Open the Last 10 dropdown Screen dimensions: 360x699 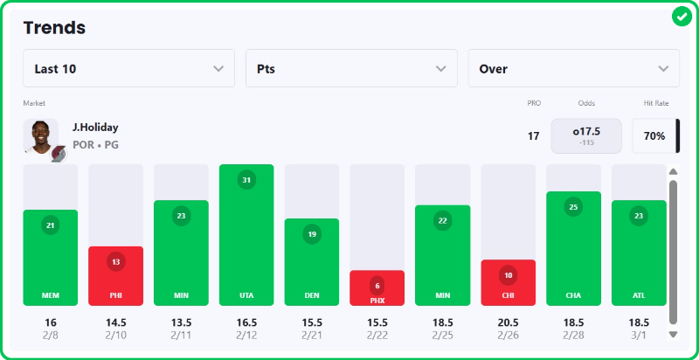(128, 68)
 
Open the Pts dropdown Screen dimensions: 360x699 (351, 68)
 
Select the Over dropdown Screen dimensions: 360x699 (573, 68)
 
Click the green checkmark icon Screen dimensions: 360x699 (682, 17)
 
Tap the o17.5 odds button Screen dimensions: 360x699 (586, 135)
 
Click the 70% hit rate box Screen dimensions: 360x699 (654, 135)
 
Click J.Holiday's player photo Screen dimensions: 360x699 (40, 135)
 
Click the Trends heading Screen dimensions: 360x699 (54, 27)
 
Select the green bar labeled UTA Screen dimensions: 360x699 (246, 236)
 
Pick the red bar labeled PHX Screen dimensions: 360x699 (377, 288)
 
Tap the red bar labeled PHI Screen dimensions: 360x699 (115, 276)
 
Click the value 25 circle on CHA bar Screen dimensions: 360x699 (573, 207)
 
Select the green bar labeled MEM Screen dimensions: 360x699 (51, 258)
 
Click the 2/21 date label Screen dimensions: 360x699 (312, 336)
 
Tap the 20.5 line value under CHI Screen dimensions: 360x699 (508, 322)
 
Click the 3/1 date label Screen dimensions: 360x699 (639, 336)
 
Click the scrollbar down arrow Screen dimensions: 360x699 (673, 334)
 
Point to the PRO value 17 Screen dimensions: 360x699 (533, 135)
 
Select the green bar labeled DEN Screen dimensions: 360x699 (312, 262)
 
